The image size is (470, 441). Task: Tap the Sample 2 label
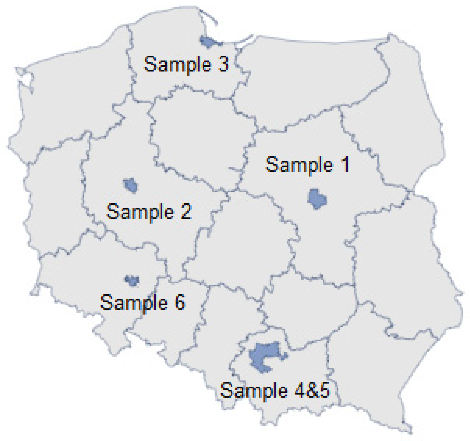tap(149, 212)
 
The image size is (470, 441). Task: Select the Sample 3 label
tap(186, 64)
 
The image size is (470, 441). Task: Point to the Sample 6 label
tap(143, 302)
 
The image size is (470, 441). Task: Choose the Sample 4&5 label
tap(275, 390)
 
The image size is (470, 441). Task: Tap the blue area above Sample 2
tap(131, 185)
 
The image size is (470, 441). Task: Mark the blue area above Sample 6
tap(132, 281)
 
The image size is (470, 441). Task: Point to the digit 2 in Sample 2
tap(186, 212)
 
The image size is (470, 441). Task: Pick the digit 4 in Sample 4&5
tap(300, 390)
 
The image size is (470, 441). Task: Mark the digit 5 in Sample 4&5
tap(324, 390)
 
